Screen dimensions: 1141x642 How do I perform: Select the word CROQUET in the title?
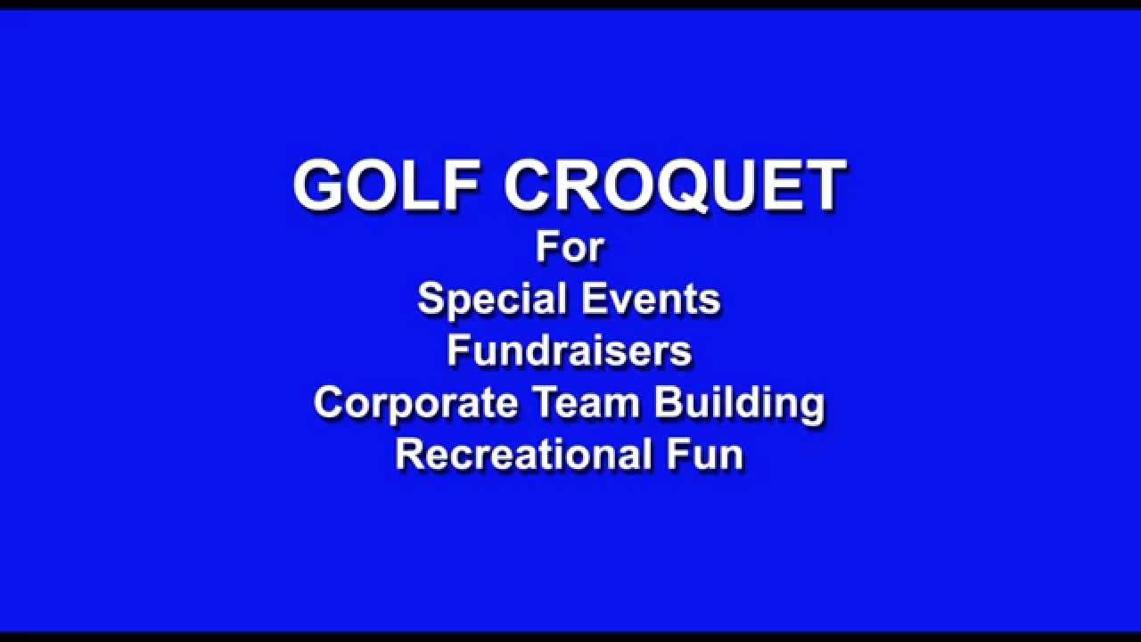[x=675, y=186]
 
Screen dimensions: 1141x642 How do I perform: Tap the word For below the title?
[x=570, y=248]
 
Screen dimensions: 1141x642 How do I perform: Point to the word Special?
[x=492, y=300]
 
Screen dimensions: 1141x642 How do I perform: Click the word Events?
[x=651, y=299]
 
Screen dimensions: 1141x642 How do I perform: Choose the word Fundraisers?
[x=570, y=351]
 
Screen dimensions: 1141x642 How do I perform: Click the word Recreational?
[x=523, y=454]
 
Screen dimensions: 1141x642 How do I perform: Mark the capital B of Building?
[x=669, y=402]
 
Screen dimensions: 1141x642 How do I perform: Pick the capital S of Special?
[x=431, y=299]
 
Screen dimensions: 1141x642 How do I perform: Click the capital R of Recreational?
[x=411, y=454]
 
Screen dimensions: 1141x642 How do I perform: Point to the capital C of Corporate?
[x=329, y=402]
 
